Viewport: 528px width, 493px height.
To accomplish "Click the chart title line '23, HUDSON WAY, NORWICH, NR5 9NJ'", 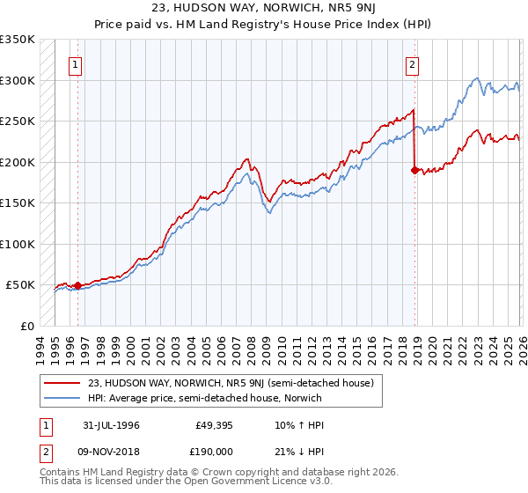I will click(263, 7).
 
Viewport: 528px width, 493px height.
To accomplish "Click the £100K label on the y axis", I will click(18, 244).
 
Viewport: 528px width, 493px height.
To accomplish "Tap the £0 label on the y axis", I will click(26, 326).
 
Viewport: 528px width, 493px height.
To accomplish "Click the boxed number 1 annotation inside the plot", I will click(77, 63).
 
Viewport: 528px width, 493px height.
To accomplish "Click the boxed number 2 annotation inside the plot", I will click(411, 63).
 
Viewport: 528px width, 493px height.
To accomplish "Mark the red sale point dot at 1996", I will click(77, 285).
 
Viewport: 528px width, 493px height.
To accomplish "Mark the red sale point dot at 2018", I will click(414, 171).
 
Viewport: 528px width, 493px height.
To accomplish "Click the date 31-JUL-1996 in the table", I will click(111, 424).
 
